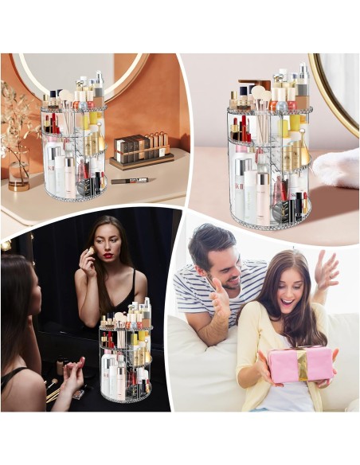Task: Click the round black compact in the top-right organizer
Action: click(281, 211)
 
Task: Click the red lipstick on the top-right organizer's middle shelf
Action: click(244, 128)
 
